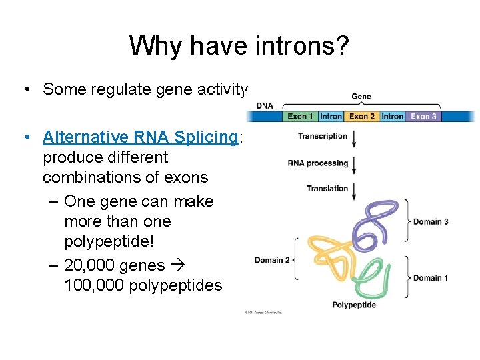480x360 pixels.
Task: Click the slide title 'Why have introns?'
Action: point(239,46)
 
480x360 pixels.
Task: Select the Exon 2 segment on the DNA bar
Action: point(362,116)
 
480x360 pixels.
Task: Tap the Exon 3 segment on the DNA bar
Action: point(424,116)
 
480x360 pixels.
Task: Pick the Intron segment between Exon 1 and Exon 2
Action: point(331,116)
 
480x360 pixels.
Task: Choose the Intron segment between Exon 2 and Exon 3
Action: point(393,116)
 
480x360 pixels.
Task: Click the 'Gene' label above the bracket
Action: point(361,97)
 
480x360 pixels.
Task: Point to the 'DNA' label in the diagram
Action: point(265,106)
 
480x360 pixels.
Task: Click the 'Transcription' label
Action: point(323,136)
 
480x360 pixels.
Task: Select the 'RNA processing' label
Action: point(318,163)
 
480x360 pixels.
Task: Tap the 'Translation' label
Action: point(327,189)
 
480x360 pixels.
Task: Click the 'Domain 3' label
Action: point(431,221)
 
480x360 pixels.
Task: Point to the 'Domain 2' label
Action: point(272,260)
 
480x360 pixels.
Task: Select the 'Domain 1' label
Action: point(431,277)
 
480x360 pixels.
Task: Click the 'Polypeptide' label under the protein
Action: point(354,305)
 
